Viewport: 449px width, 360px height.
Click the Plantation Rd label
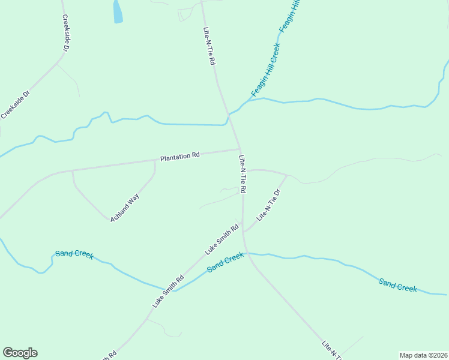click(179, 157)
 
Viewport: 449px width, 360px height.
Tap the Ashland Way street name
click(124, 208)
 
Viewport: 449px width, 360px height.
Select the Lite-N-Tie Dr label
click(269, 205)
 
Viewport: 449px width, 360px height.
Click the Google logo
click(20, 353)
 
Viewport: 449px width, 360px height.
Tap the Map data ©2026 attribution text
click(423, 355)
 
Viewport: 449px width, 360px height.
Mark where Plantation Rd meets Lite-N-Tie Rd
click(240, 149)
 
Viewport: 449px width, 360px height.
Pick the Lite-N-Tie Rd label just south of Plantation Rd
click(243, 175)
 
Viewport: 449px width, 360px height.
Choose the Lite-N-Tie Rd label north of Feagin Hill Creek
click(209, 46)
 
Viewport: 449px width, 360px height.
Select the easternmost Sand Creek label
click(397, 284)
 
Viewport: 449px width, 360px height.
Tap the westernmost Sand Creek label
click(74, 254)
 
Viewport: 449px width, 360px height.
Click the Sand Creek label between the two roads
click(226, 262)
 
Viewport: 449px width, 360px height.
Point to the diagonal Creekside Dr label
click(15, 104)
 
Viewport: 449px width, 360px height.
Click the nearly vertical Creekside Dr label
click(67, 33)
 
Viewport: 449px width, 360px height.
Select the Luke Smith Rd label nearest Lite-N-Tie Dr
click(222, 239)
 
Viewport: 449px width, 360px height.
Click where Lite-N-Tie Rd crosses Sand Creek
click(247, 253)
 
